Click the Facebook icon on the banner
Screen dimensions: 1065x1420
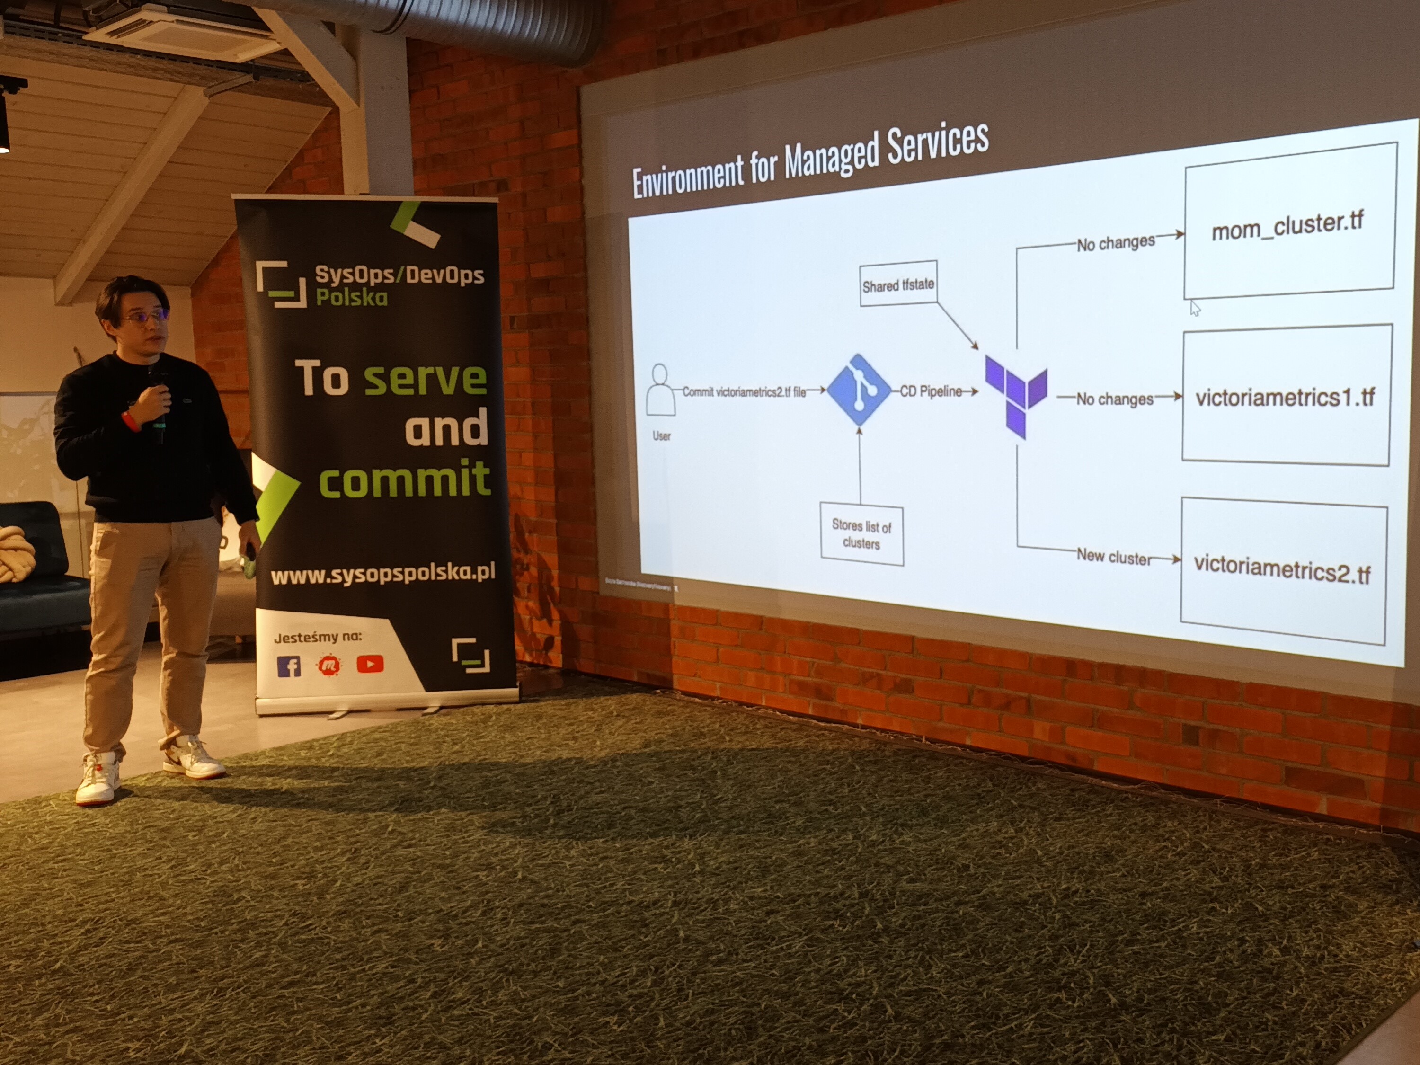289,666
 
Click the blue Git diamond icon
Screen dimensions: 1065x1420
858,390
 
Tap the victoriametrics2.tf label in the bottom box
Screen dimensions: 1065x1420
1281,570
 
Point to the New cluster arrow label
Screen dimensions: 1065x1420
1114,557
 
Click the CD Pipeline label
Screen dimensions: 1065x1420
931,391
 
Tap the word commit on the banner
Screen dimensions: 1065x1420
404,479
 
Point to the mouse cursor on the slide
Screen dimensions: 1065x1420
1195,308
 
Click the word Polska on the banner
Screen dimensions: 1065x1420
351,297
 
